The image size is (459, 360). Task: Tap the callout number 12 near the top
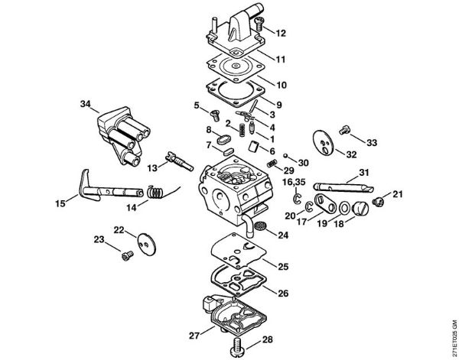pos(281,33)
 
